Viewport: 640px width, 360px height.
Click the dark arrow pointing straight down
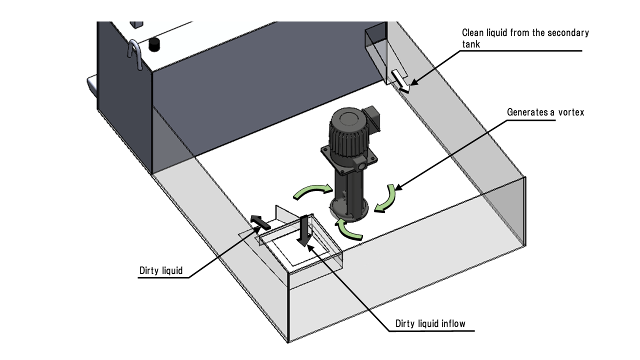pyautogui.click(x=303, y=230)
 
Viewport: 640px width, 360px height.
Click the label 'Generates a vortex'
pyautogui.click(x=545, y=112)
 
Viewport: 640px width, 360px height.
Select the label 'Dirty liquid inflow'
pyautogui.click(x=430, y=323)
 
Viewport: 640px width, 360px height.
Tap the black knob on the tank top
pyautogui.click(x=155, y=44)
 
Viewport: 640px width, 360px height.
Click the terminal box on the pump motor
pyautogui.click(x=372, y=113)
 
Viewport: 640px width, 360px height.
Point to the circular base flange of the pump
pyautogui.click(x=350, y=212)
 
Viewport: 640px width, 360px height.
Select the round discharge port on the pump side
pyautogui.click(x=360, y=164)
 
